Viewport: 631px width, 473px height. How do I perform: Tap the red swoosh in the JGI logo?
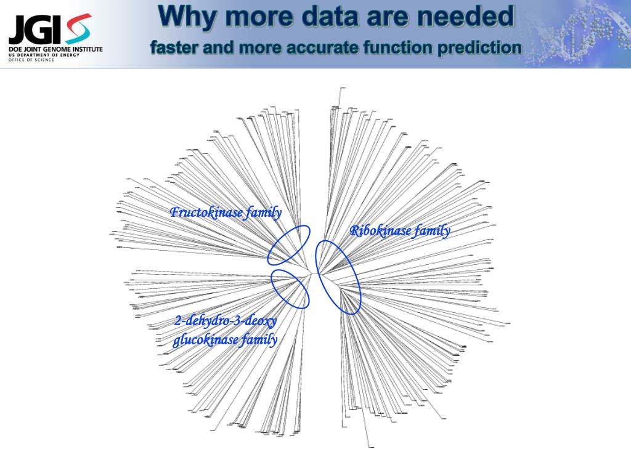[x=79, y=28]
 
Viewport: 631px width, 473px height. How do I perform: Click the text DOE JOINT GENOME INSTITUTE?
[x=55, y=49]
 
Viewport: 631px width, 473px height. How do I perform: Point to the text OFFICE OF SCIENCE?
[x=31, y=60]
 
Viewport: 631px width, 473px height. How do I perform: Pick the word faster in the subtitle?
[x=174, y=47]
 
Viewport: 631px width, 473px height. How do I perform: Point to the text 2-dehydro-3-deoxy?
[x=226, y=321]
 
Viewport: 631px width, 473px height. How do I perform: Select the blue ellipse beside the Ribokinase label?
[x=338, y=277]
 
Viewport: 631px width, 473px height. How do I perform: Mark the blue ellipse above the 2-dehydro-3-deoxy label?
[x=290, y=288]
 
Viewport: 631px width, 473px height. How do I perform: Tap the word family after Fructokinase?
[x=264, y=213]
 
